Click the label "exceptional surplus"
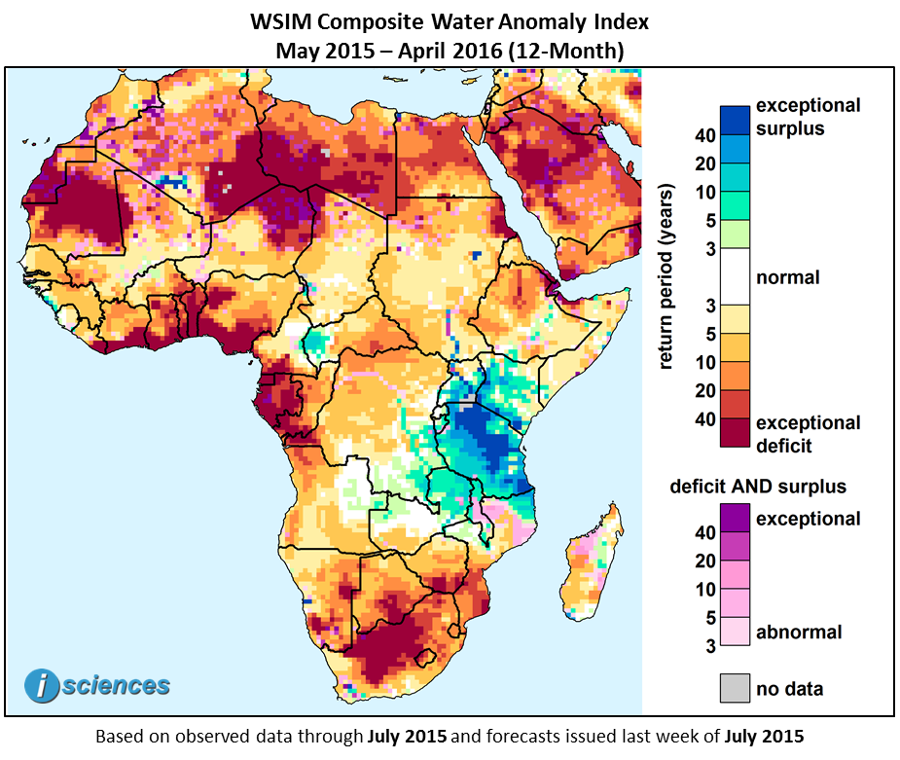808,117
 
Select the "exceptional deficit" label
808,434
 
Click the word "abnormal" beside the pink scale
799,633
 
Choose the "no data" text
789,689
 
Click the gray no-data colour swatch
735,688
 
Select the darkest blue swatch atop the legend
735,120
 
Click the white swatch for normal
735,277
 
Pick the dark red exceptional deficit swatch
735,433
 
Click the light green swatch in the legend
735,234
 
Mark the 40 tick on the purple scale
703,532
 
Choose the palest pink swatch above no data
735,633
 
